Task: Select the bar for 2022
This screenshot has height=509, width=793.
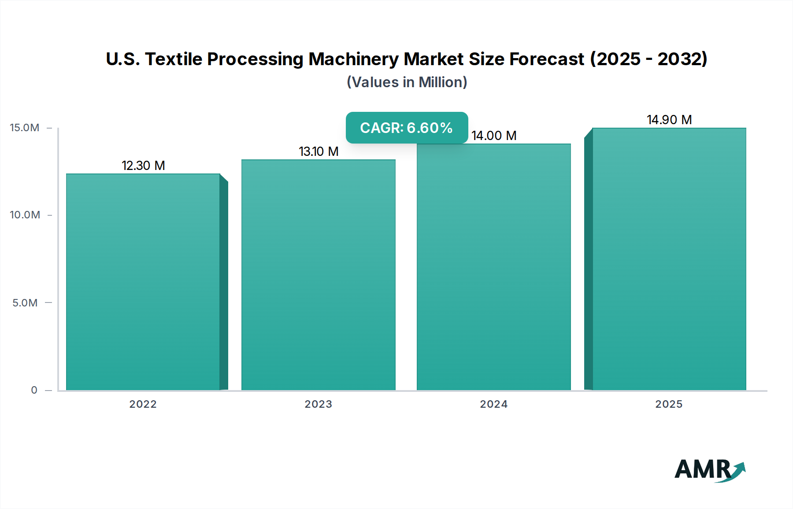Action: pyautogui.click(x=143, y=282)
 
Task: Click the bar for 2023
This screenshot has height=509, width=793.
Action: pyautogui.click(x=319, y=275)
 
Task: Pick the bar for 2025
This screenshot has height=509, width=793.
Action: pyautogui.click(x=669, y=259)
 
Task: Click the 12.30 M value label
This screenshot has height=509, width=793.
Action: pyautogui.click(x=143, y=166)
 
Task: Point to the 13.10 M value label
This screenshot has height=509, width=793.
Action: pyautogui.click(x=319, y=151)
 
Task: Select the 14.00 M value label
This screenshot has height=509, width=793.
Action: pyautogui.click(x=494, y=136)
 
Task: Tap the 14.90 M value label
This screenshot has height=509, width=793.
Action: pyautogui.click(x=669, y=120)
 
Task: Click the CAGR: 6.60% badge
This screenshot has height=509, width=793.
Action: pyautogui.click(x=407, y=128)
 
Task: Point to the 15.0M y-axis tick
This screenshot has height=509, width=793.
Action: pyautogui.click(x=25, y=128)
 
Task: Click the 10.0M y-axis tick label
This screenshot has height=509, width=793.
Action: pyautogui.click(x=25, y=215)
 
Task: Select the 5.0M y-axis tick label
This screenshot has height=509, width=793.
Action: pyautogui.click(x=25, y=303)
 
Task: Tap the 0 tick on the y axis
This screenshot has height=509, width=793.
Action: pyautogui.click(x=34, y=390)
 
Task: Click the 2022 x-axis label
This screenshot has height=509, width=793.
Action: pyautogui.click(x=143, y=404)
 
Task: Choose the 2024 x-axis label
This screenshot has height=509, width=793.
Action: pyautogui.click(x=494, y=404)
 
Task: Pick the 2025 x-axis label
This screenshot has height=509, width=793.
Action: pyautogui.click(x=669, y=404)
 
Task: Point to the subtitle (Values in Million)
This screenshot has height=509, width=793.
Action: pyautogui.click(x=407, y=82)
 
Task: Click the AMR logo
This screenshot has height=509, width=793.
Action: pyautogui.click(x=710, y=470)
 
